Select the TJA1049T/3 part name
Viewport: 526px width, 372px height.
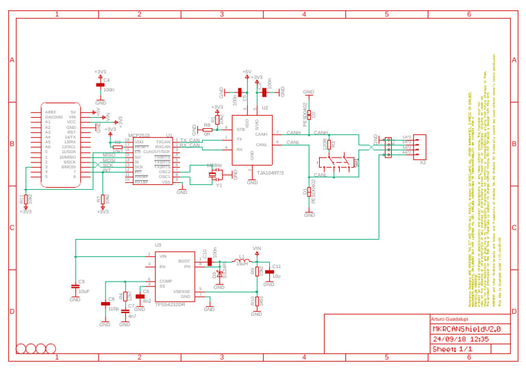click(270, 173)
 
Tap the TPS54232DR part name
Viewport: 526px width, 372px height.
click(170, 304)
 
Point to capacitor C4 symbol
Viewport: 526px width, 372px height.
click(100, 84)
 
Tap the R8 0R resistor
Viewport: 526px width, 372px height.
click(206, 129)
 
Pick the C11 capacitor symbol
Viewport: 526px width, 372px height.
click(269, 272)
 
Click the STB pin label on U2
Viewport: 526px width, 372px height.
click(240, 129)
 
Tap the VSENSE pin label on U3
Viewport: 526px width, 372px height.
click(181, 292)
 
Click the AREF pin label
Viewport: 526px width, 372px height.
click(51, 112)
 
